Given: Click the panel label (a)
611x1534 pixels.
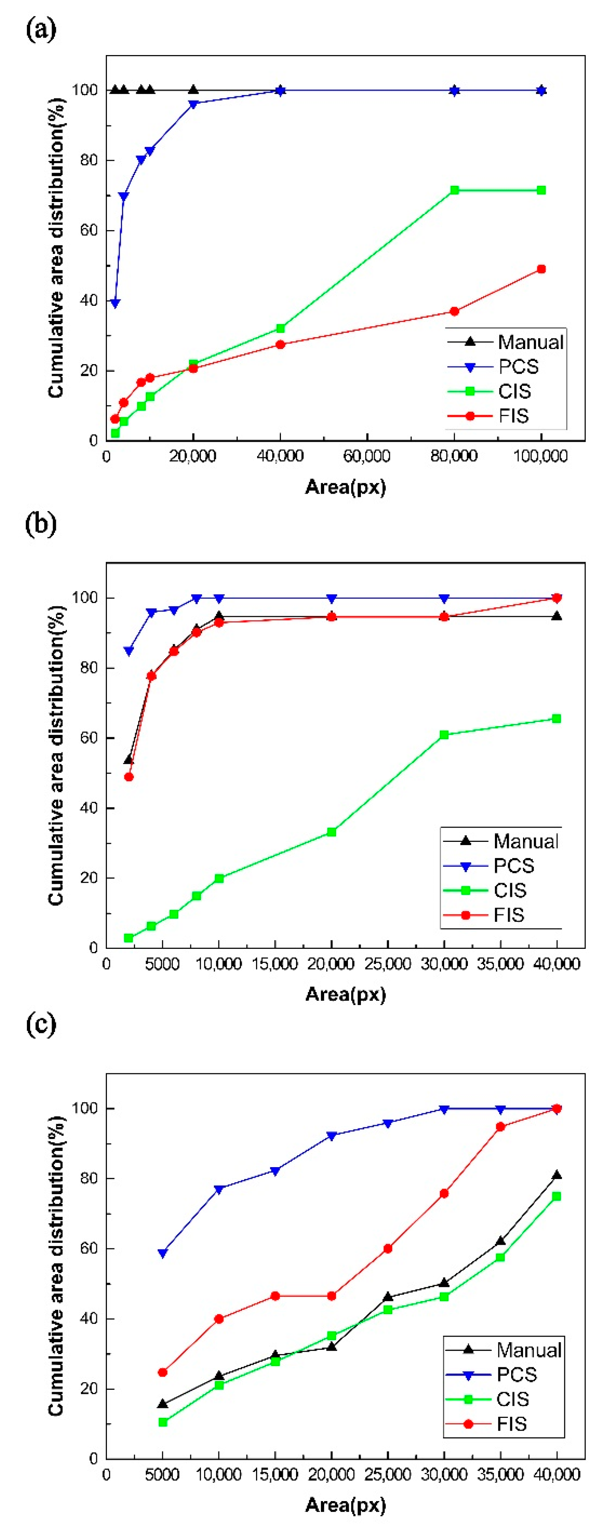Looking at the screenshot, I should click(40, 29).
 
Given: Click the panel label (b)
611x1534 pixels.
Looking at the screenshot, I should click(40, 524).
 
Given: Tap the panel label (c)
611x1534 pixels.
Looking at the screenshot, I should click(40, 1023).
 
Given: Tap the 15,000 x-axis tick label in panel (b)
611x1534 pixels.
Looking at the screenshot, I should click(275, 964).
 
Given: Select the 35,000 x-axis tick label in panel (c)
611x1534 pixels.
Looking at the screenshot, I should click(500, 1475).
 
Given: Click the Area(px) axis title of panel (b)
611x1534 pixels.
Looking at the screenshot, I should click(346, 994).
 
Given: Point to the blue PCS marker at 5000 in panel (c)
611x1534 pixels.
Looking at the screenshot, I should click(162, 1254).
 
